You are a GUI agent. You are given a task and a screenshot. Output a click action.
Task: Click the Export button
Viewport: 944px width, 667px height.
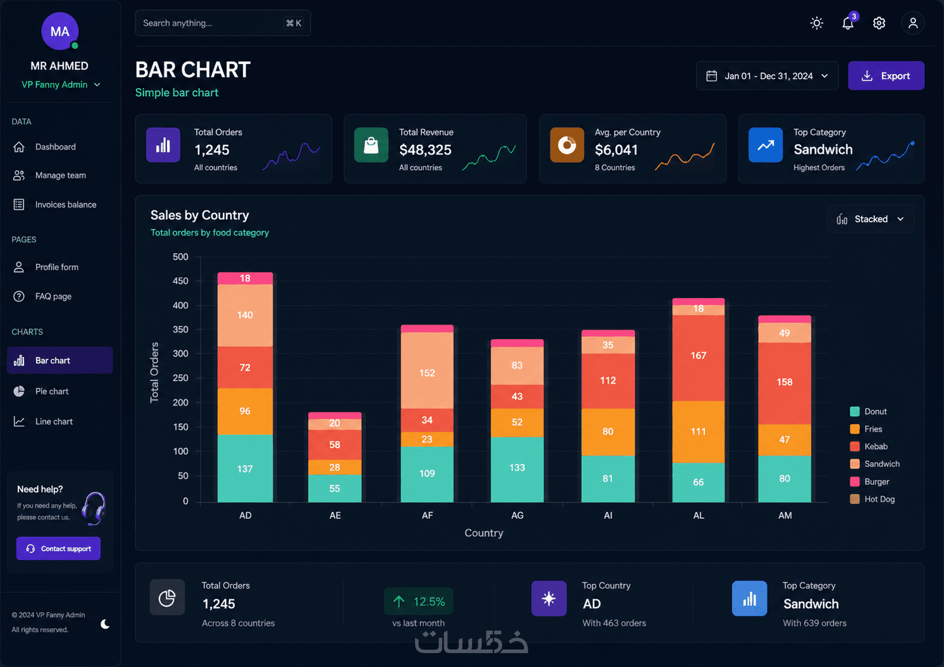(886, 76)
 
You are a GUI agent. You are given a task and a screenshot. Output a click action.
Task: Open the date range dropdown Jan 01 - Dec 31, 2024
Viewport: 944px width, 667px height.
(767, 76)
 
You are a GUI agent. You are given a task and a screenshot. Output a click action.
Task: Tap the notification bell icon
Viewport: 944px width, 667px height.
(848, 23)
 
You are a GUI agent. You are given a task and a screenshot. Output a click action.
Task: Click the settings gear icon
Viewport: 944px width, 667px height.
(879, 23)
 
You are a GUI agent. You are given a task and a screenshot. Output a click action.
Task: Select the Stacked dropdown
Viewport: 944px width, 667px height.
(870, 219)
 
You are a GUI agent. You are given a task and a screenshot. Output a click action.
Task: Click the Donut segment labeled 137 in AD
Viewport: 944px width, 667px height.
(245, 468)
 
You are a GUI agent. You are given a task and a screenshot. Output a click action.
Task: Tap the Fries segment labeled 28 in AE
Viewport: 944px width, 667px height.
(335, 467)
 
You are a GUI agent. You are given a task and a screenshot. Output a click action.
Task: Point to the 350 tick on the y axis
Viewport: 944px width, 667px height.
(180, 329)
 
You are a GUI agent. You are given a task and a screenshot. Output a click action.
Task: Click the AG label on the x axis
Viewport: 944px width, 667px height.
(517, 515)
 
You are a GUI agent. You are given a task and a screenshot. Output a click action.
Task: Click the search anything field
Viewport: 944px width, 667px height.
(223, 23)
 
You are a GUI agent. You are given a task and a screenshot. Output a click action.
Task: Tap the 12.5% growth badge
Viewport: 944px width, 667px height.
(418, 601)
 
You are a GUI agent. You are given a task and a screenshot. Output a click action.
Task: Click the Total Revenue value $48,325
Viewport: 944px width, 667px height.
(425, 150)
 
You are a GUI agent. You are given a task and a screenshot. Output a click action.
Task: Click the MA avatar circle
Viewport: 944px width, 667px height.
(60, 31)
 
